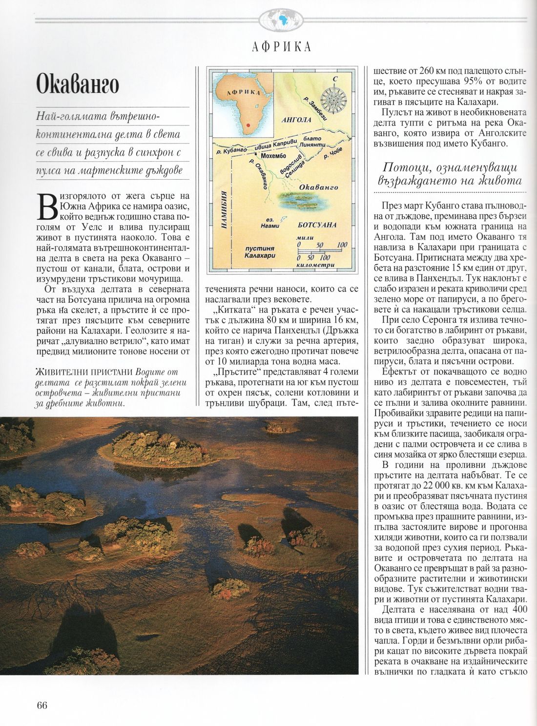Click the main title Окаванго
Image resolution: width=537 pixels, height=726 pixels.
[x=78, y=84]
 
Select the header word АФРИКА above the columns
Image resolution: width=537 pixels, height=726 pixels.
[x=282, y=46]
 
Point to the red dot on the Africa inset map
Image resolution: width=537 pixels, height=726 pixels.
[x=248, y=125]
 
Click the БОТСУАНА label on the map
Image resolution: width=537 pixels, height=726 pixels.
[x=317, y=225]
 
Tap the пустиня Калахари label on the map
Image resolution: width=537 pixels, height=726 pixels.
[x=260, y=252]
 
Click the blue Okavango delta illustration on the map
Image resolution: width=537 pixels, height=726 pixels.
[x=300, y=199]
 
